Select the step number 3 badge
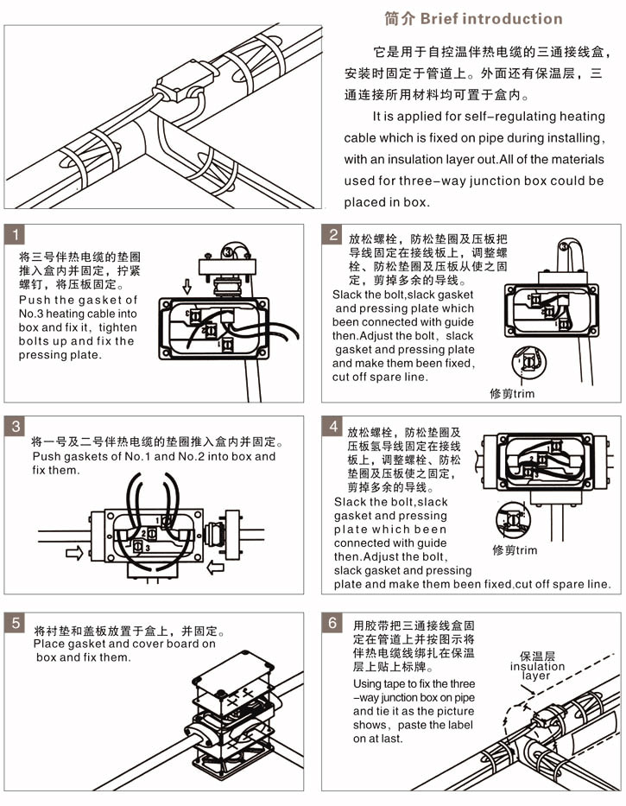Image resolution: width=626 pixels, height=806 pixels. (x=16, y=427)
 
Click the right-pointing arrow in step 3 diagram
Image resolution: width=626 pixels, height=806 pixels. (x=75, y=553)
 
